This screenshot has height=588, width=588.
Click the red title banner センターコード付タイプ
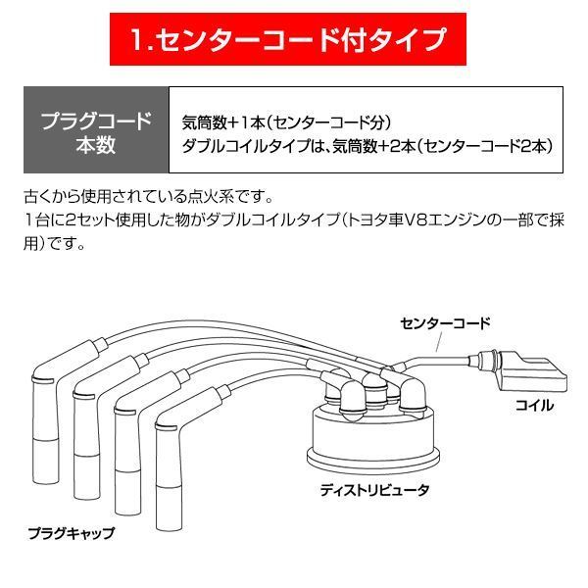[293, 41]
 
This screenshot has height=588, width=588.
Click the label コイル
[534, 404]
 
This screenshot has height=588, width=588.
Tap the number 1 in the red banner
[140, 41]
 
